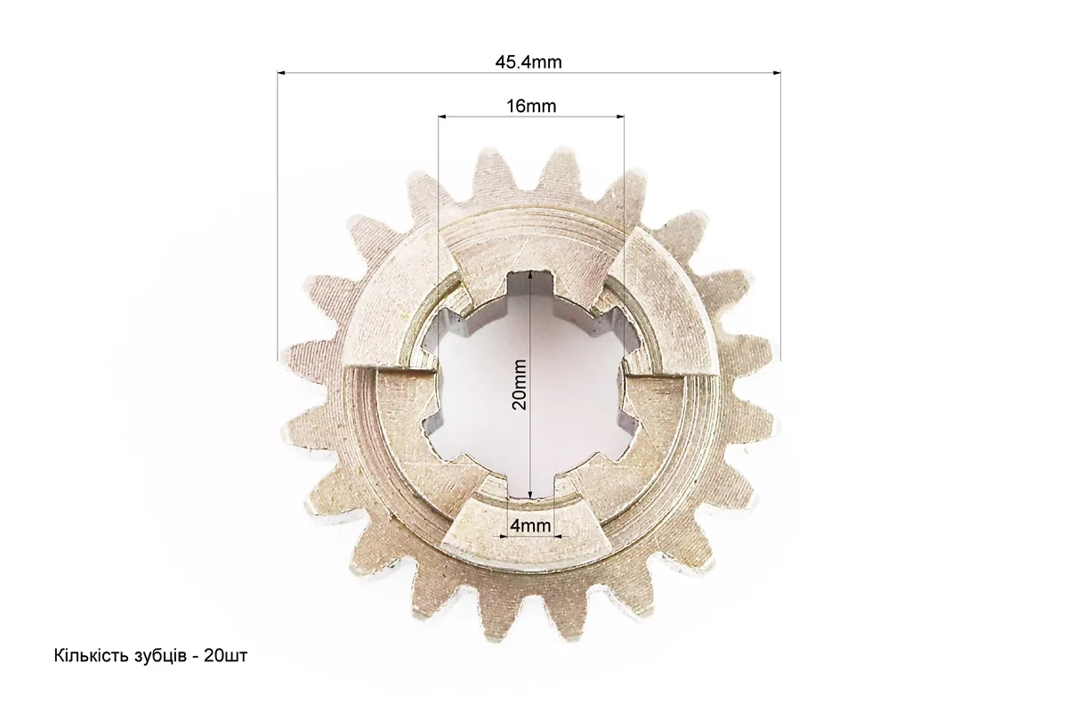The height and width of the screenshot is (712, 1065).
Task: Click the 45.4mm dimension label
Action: point(528,62)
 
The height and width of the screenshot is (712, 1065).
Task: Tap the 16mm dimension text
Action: point(531,106)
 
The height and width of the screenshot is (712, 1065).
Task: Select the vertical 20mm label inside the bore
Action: point(520,384)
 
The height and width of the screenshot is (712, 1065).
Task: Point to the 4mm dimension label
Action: point(530,526)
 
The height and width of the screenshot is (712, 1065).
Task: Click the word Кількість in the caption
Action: point(87,656)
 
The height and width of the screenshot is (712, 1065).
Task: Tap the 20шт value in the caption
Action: point(225,656)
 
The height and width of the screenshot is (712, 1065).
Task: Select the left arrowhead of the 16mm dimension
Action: point(443,117)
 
